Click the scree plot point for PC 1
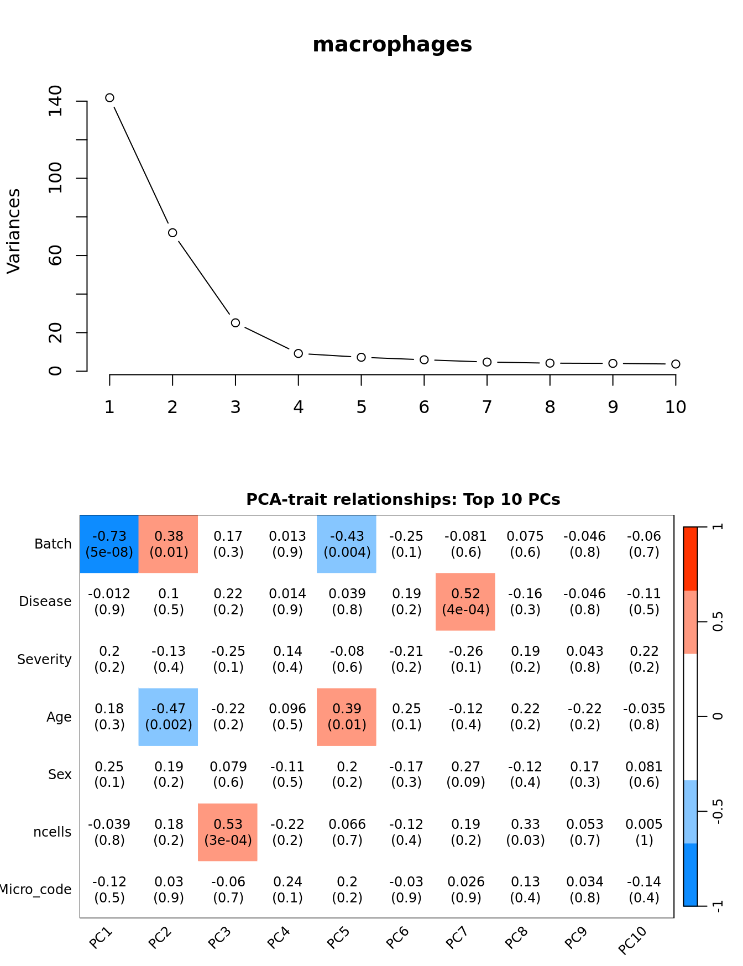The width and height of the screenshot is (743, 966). (109, 98)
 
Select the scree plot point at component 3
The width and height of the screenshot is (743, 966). (236, 323)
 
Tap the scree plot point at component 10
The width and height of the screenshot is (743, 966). (676, 364)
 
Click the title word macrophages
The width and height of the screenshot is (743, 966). (392, 45)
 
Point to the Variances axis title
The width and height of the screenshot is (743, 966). (13, 231)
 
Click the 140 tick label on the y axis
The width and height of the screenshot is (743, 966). (55, 101)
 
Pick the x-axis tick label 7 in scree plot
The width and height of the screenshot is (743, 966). (486, 408)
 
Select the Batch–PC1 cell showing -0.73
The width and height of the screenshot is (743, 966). (109, 544)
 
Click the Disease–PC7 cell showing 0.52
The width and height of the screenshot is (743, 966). (465, 602)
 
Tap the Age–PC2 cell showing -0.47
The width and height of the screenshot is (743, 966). (169, 717)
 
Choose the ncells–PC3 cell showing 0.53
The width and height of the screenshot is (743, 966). (228, 832)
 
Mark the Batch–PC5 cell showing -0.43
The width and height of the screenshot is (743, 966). (347, 544)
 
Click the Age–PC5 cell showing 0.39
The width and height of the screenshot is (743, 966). (347, 717)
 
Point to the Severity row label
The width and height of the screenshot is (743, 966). (44, 660)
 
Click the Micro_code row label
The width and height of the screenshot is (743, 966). (35, 890)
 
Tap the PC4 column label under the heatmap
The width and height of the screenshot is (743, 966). (279, 938)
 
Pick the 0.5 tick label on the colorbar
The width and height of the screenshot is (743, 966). (718, 622)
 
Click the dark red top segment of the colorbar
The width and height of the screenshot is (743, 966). (690, 558)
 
